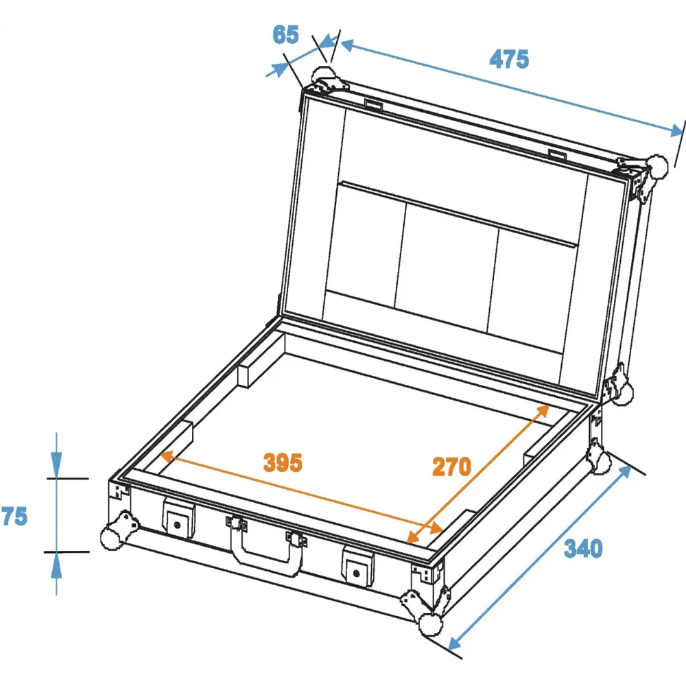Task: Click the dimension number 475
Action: coord(509,59)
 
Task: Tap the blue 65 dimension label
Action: coord(285,34)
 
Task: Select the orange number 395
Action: coord(283,462)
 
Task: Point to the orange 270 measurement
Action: coord(451,466)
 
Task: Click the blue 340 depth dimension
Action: coord(583,548)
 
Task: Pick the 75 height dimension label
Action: coord(14,517)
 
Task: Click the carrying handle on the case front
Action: coord(265,545)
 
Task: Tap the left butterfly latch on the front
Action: coord(178,518)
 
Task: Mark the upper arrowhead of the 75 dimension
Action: coord(56,464)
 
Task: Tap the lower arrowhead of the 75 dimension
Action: coord(56,566)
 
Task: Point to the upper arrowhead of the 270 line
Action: coord(542,411)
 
